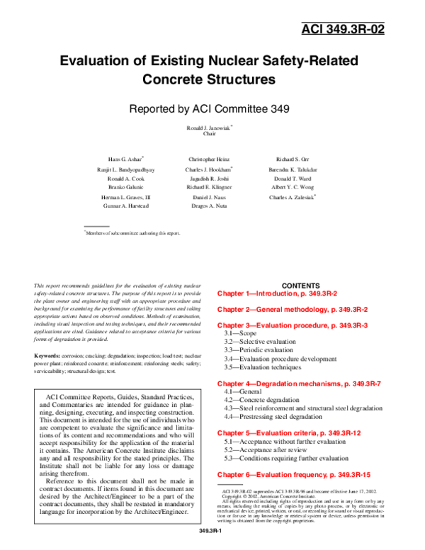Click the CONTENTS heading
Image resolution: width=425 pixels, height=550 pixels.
300,285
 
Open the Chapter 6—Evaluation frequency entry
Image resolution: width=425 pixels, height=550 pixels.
294,473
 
